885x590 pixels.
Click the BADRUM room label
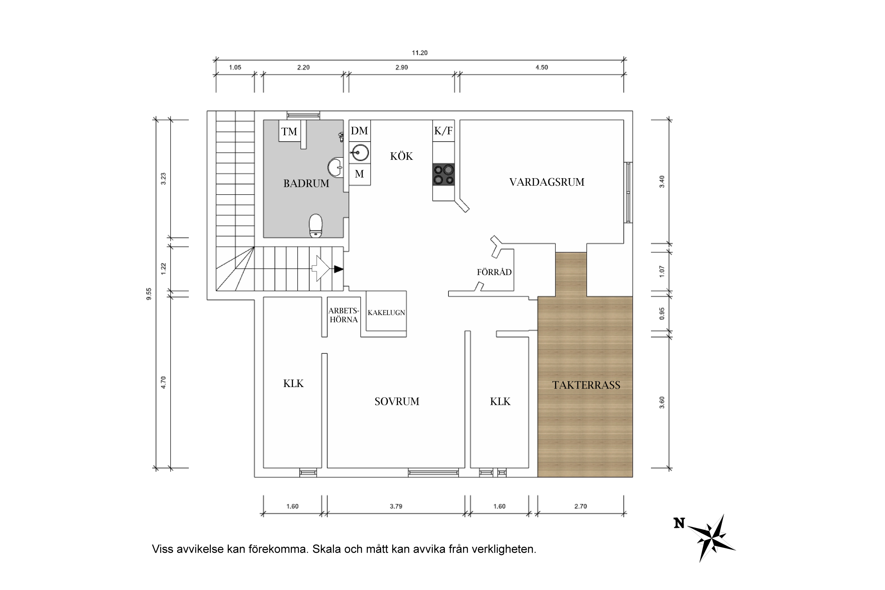point(306,183)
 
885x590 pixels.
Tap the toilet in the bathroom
point(315,225)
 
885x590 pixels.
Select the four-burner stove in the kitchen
point(443,175)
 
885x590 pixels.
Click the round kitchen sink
point(360,153)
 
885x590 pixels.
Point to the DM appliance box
point(360,131)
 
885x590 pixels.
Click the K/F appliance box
point(443,131)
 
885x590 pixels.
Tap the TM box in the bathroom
point(289,131)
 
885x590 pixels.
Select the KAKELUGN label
point(386,313)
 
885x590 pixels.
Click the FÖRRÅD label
point(494,272)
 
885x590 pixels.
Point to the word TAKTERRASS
point(586,385)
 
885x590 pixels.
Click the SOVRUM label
point(396,401)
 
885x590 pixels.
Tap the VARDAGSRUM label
point(546,182)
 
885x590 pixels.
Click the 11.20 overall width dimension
point(419,53)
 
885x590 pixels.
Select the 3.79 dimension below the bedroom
point(396,506)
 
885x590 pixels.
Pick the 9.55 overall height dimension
point(149,294)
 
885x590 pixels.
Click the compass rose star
point(712,537)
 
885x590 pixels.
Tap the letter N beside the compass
point(679,523)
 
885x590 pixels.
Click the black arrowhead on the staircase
point(338,269)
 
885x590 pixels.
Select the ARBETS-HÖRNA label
point(343,315)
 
